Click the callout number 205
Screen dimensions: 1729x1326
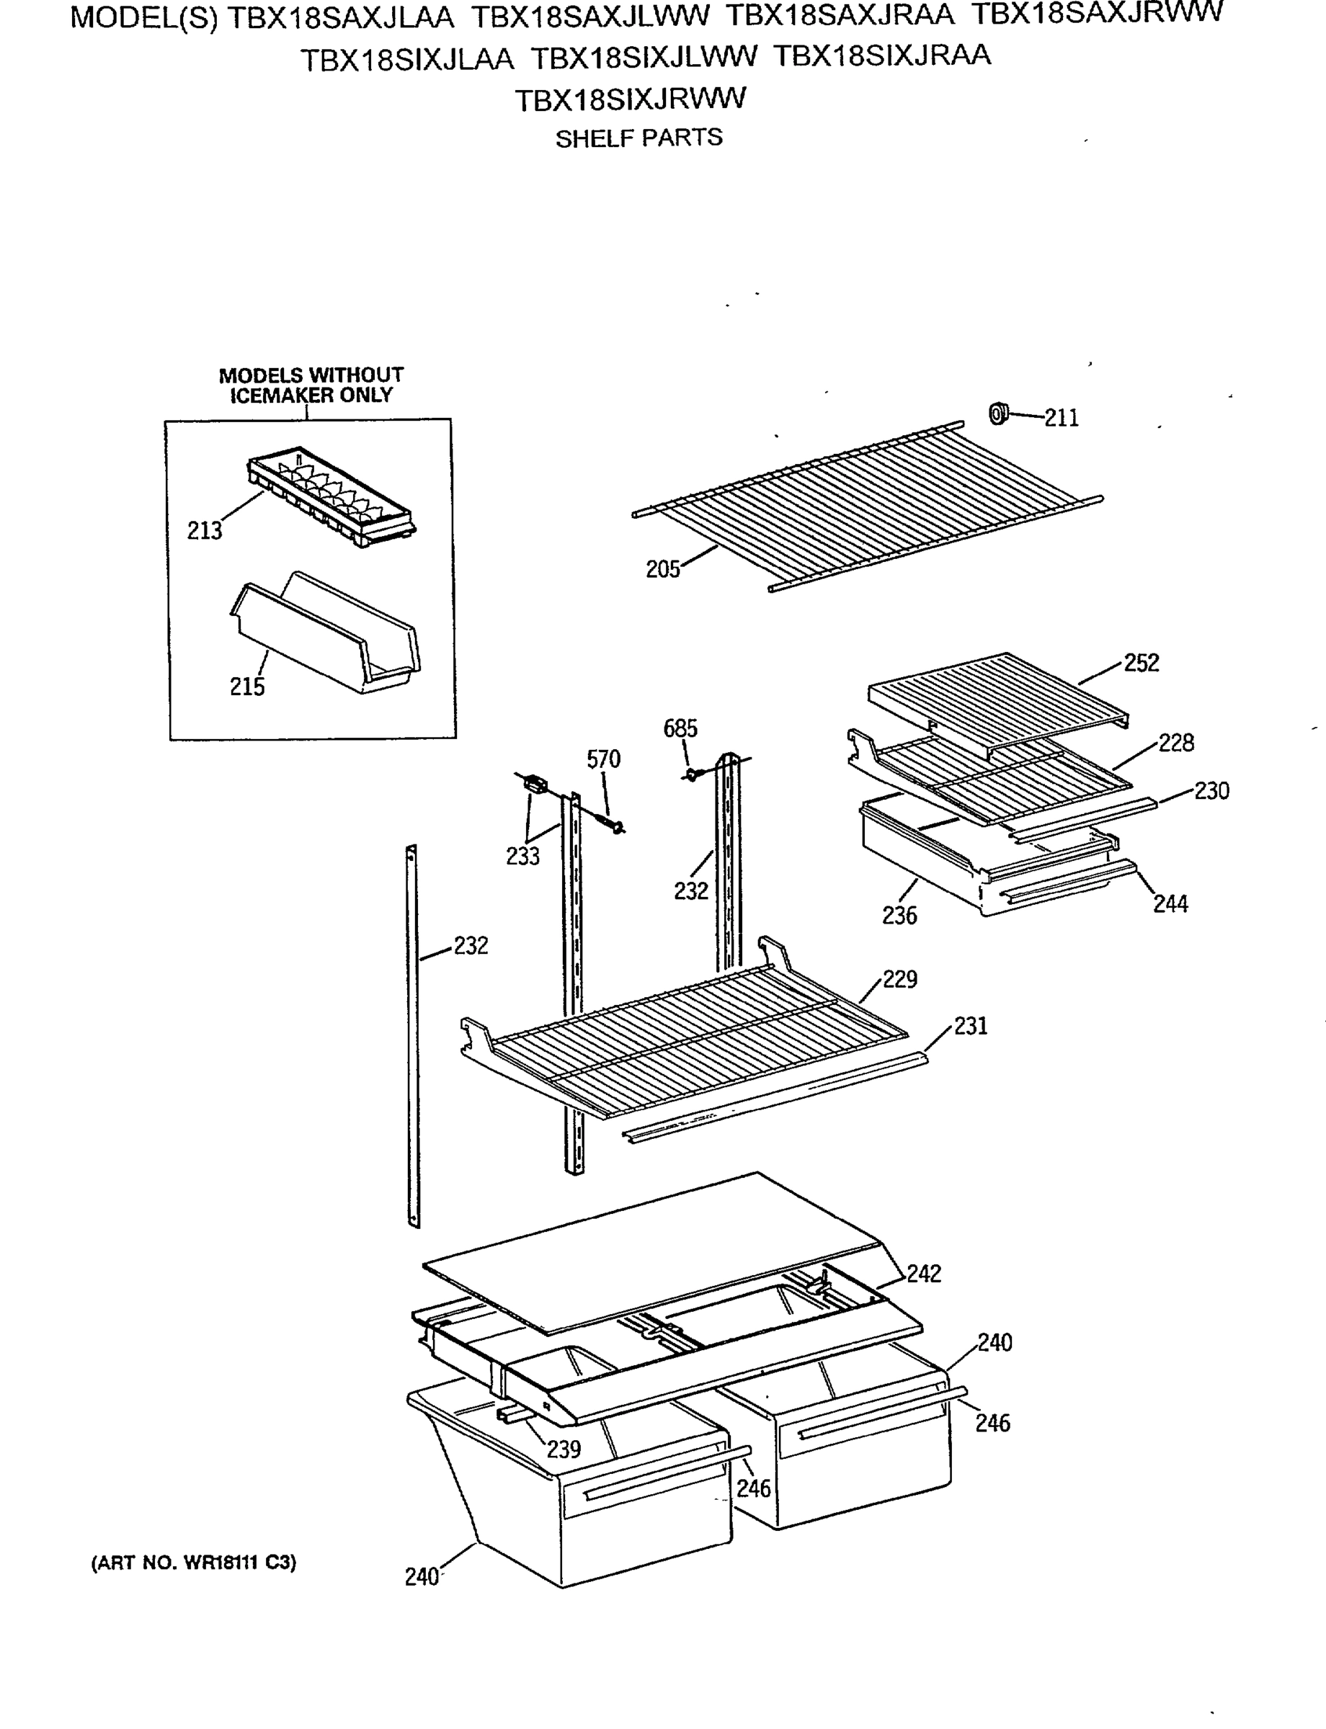tap(662, 569)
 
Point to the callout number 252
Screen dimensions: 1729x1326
tap(1142, 663)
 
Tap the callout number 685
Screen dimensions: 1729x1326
tap(680, 728)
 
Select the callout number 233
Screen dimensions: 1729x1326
tap(522, 856)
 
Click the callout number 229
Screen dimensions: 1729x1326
tap(900, 979)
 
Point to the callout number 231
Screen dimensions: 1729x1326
tap(971, 1026)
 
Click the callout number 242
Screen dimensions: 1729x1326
tap(923, 1274)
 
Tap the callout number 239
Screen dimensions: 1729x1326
tap(564, 1449)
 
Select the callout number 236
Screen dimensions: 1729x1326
tap(900, 916)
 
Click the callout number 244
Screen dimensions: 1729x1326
tap(1170, 904)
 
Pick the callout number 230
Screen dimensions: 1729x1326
tap(1211, 791)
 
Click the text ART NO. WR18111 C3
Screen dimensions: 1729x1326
tap(194, 1563)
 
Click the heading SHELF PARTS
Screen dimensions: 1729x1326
tap(638, 139)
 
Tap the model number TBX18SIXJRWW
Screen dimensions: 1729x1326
tap(630, 100)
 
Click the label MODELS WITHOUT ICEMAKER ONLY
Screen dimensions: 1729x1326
tap(311, 385)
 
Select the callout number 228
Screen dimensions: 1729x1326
tap(1176, 743)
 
